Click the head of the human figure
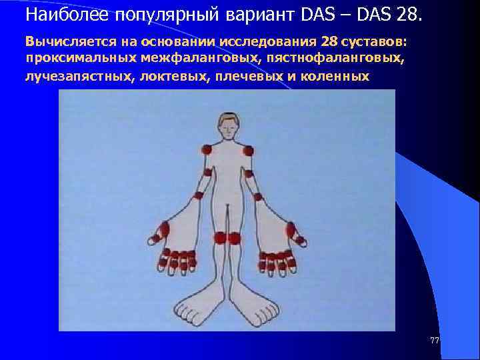[228, 125]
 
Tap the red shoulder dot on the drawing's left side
[207, 150]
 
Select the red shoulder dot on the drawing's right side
[248, 151]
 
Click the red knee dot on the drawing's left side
[220, 237]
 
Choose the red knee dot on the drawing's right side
[234, 238]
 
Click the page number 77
[435, 341]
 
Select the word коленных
[337, 76]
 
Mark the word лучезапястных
[79, 76]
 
